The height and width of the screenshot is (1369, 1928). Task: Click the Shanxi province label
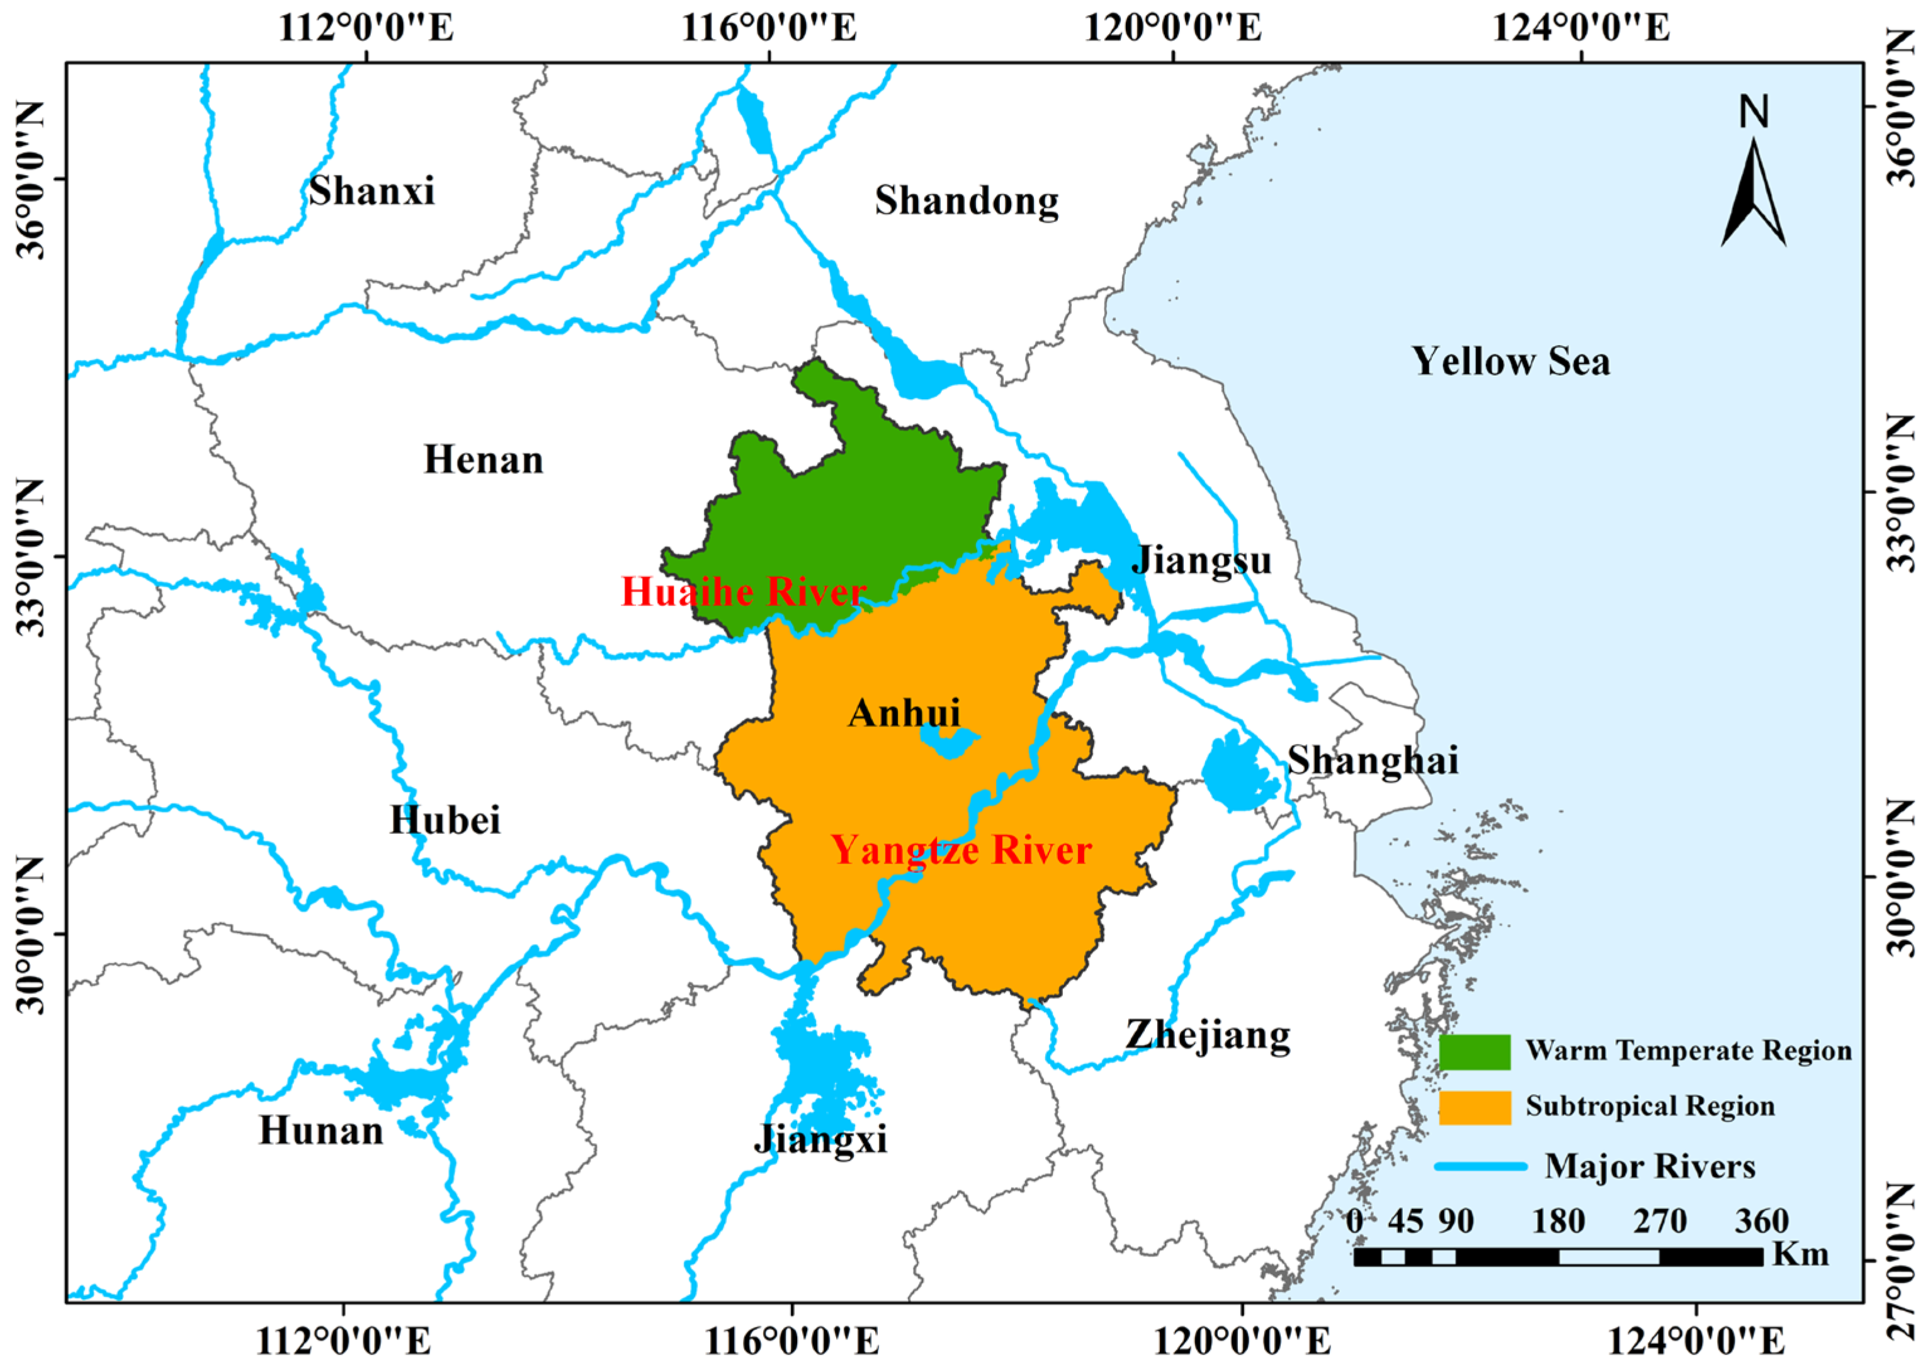click(x=371, y=191)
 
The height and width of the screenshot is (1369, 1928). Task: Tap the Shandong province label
click(x=967, y=201)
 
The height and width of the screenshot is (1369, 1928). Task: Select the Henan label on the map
click(x=484, y=460)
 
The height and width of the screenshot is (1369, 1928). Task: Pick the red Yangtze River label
click(x=961, y=850)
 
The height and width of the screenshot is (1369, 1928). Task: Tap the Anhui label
click(x=904, y=713)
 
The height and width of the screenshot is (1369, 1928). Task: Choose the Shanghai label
click(x=1372, y=760)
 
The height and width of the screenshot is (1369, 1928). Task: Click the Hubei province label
click(x=445, y=820)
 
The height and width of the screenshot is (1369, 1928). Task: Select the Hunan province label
click(x=320, y=1130)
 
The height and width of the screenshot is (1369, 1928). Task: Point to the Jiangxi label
click(x=820, y=1140)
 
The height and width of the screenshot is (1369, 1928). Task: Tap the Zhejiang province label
click(x=1208, y=1036)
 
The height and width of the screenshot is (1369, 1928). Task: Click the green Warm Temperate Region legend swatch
click(x=1474, y=1052)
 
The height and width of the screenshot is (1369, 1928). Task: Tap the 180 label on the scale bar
click(x=1558, y=1220)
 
